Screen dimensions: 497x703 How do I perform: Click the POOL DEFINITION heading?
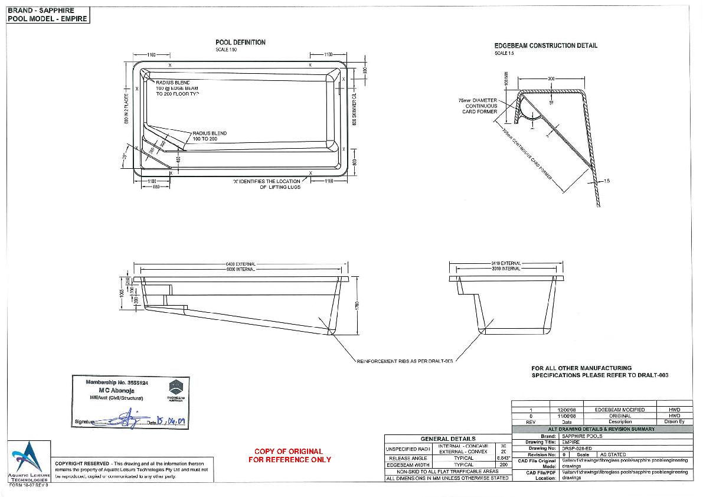point(240,42)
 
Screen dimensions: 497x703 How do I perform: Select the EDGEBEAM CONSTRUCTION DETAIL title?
point(545,45)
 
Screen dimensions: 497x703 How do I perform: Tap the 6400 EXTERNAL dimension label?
point(240,263)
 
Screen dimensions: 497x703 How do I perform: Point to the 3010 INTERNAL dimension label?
point(506,269)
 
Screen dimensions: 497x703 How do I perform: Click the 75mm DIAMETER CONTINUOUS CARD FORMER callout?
point(478,106)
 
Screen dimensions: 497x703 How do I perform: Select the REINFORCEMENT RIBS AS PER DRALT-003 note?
point(405,360)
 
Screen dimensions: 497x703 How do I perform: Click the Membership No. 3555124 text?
point(117,383)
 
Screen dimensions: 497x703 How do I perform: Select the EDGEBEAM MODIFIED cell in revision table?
point(619,410)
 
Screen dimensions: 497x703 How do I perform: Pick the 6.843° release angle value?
point(503,458)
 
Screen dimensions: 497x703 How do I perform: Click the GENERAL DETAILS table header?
point(447,439)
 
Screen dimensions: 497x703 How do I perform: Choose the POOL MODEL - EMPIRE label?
point(47,18)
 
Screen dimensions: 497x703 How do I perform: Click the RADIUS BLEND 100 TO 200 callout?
point(210,136)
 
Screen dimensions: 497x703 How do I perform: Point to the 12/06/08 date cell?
point(567,410)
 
